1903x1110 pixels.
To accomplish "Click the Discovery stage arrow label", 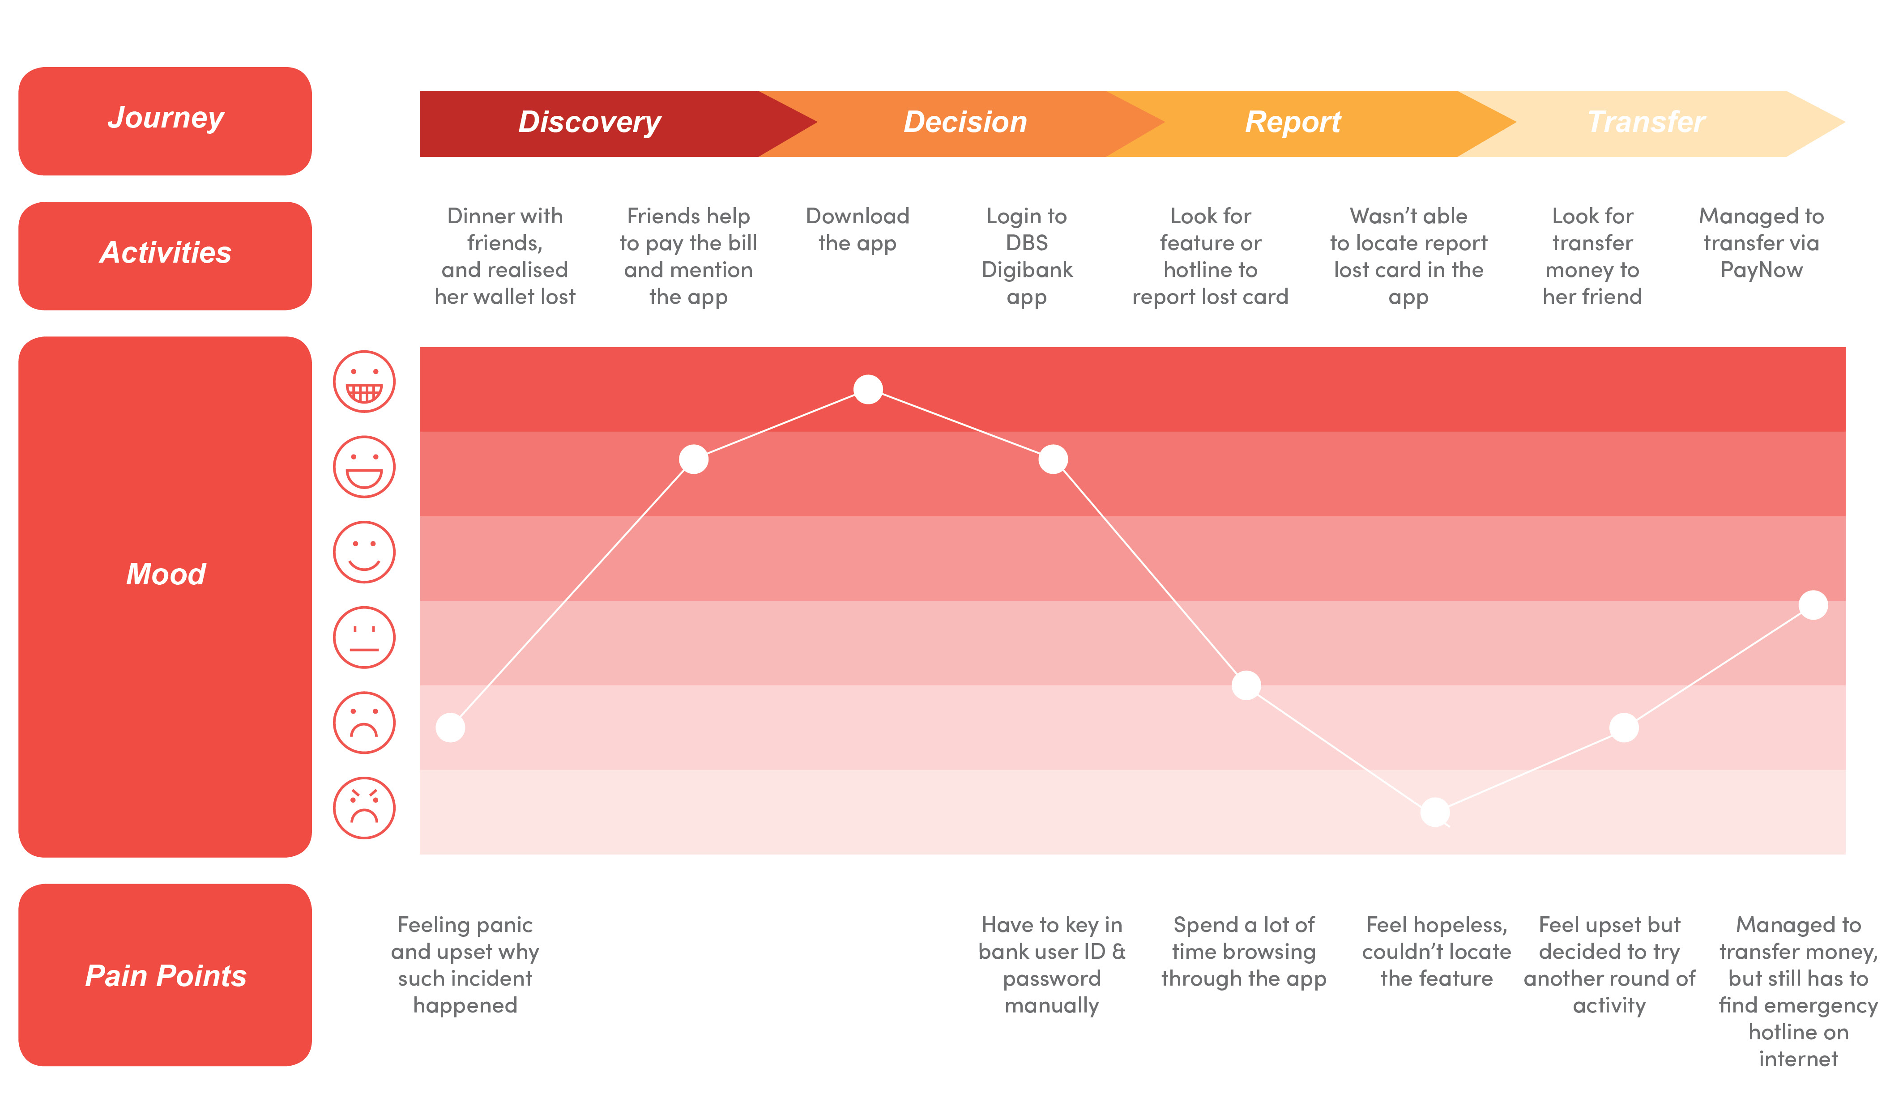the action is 589,122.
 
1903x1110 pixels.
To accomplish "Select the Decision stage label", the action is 965,122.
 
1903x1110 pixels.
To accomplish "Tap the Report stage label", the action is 1293,122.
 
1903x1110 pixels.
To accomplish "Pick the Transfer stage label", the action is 1646,122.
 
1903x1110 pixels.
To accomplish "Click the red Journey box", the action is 165,121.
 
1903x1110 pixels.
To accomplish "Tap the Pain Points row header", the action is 165,975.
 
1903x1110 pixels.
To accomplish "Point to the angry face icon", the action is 364,808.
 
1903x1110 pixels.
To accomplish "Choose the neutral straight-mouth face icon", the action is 364,637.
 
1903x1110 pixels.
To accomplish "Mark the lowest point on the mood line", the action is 1435,812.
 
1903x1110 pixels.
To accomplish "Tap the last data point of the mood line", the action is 1813,605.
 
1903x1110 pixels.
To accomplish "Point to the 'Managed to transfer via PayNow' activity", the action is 1761,243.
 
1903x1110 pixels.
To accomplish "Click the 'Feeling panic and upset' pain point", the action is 465,965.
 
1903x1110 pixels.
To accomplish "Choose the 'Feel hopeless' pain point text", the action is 1436,952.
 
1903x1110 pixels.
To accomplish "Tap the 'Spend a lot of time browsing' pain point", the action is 1244,952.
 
